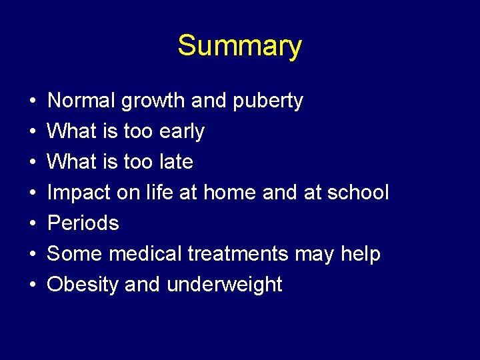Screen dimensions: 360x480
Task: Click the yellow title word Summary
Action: (239, 47)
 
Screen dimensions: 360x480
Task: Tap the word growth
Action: (153, 101)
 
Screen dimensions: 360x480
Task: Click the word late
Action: (176, 162)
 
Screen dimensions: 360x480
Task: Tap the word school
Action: (357, 193)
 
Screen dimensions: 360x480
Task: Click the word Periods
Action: (83, 223)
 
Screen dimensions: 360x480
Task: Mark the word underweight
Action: (225, 285)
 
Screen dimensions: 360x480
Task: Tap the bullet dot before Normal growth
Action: (33, 101)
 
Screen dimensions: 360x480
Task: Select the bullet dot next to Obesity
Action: (33, 285)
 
